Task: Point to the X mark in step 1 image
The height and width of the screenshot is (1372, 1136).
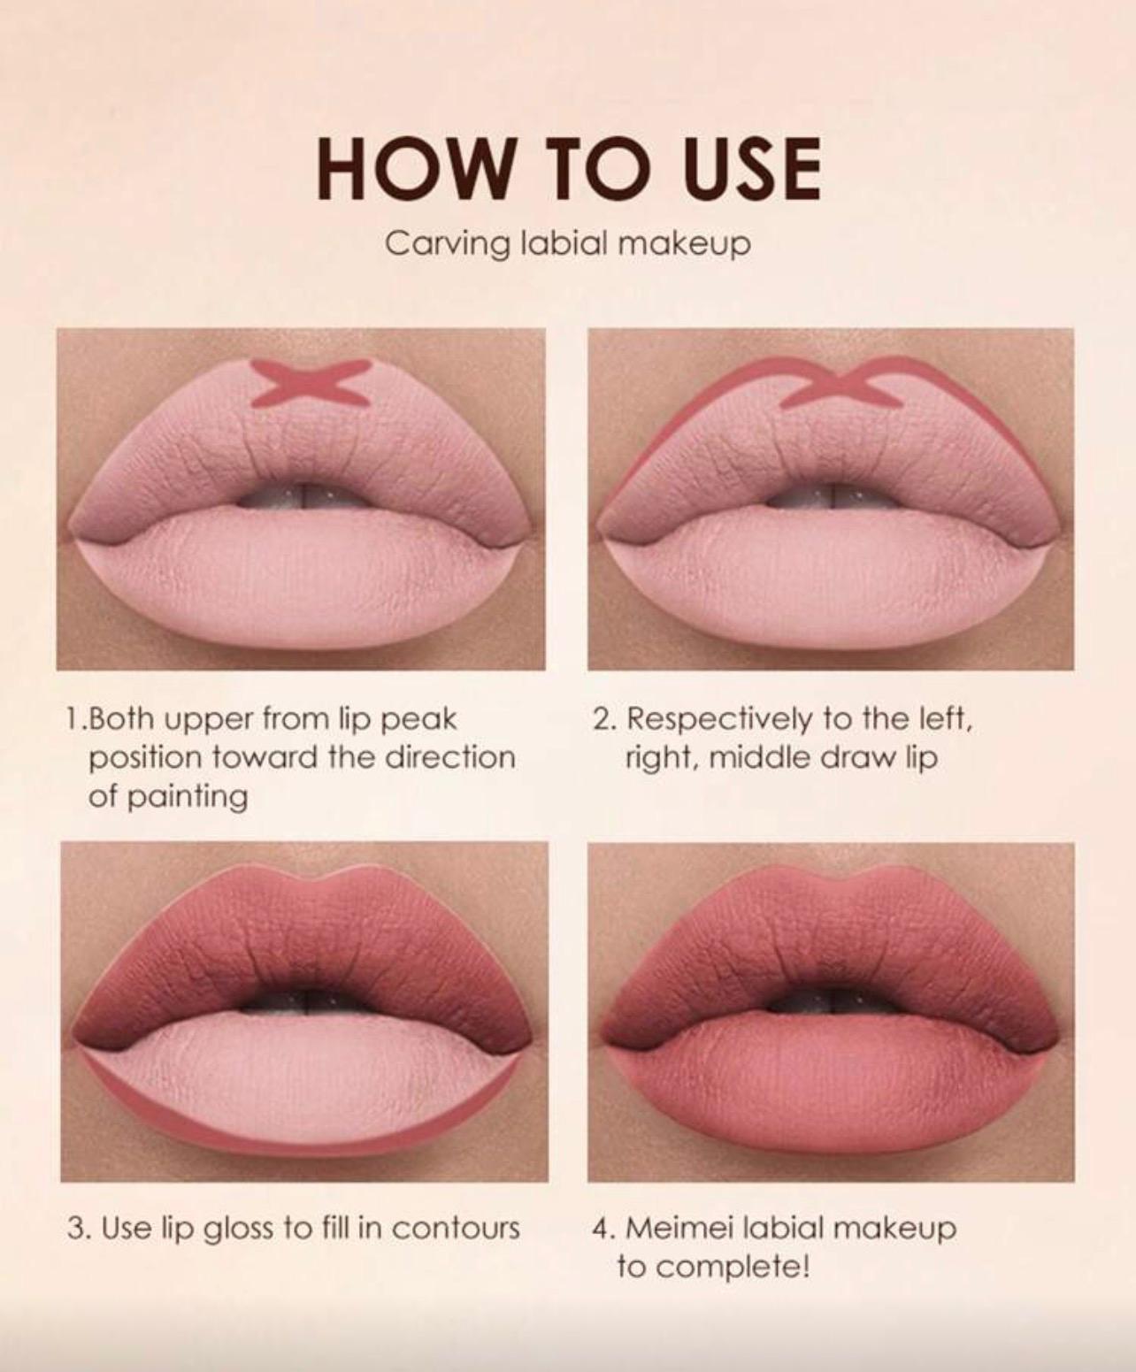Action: pyautogui.click(x=313, y=383)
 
